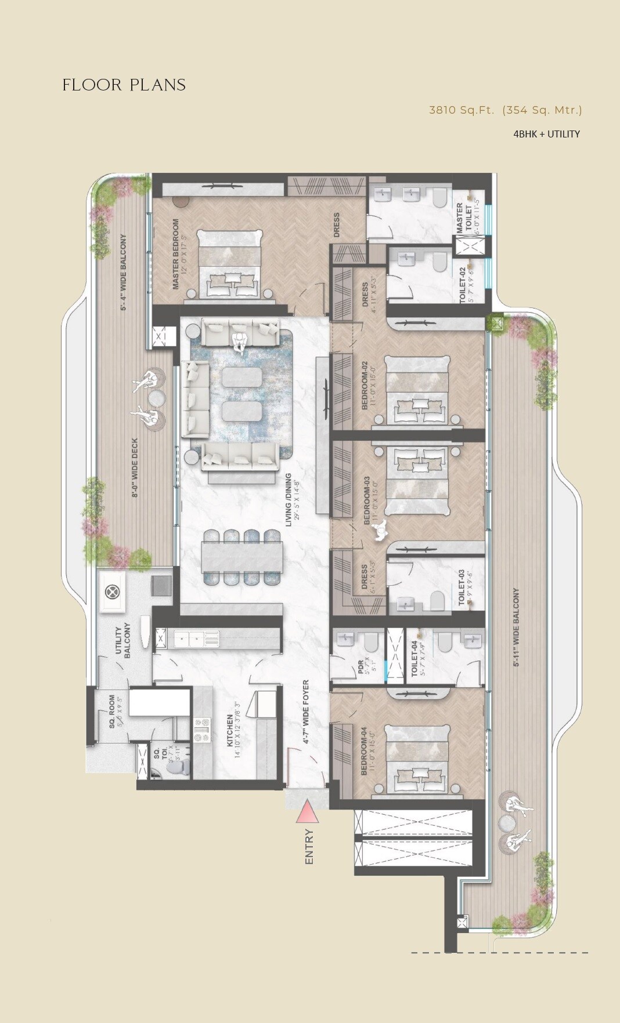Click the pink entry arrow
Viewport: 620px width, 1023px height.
[307, 812]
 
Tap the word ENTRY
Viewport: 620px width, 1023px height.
[309, 847]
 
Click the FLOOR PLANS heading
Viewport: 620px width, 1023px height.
[124, 85]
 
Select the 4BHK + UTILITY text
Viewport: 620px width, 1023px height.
[546, 134]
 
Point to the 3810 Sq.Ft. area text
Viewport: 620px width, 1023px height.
[461, 110]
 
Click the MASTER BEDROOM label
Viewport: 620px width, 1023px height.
[179, 253]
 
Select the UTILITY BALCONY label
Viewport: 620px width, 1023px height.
[122, 640]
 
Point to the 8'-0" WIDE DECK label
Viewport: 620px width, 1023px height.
[135, 467]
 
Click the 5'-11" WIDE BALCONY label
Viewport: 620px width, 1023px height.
[516, 627]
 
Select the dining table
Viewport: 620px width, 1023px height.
[243, 557]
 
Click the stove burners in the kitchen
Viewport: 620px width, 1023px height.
[203, 730]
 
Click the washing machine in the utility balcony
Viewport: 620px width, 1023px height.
[111, 592]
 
